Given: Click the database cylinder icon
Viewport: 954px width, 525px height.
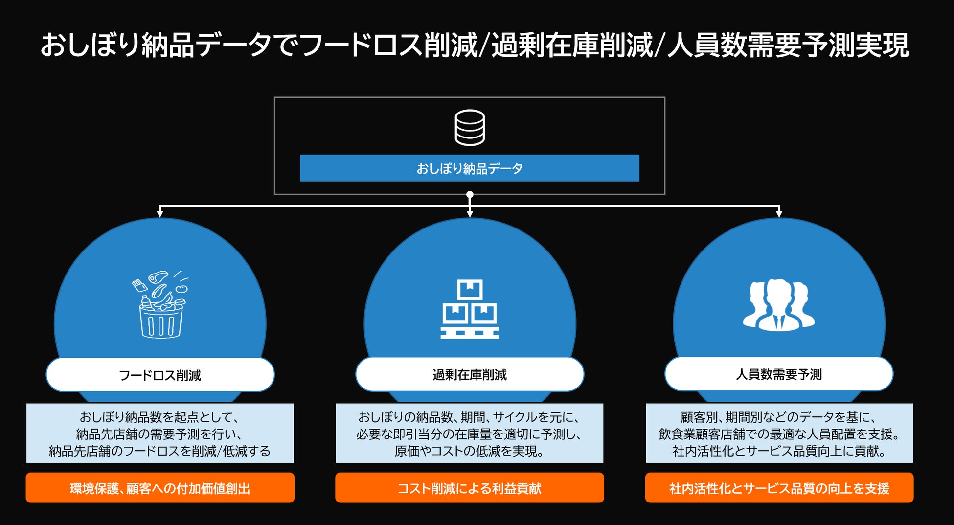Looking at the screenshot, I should (x=470, y=128).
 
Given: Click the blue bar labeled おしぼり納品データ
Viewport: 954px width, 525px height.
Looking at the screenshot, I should (x=469, y=168).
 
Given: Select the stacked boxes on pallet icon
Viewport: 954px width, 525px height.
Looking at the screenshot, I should (x=470, y=309).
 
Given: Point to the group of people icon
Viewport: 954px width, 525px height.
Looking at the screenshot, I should (x=779, y=305).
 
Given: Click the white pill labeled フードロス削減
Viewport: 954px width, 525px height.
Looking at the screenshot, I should (x=160, y=375).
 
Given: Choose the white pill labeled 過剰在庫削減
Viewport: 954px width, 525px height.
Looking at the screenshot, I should (x=470, y=375).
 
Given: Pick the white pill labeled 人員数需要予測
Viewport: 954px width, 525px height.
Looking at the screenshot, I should (x=779, y=374).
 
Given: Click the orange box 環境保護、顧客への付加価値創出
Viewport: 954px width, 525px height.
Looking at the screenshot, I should (x=160, y=488).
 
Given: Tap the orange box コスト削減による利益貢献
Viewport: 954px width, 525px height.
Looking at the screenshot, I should (x=470, y=488).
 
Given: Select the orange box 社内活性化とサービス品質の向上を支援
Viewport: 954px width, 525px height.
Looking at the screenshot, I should (x=779, y=488).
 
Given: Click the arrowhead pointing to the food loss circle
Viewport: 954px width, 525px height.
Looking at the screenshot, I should (x=160, y=213).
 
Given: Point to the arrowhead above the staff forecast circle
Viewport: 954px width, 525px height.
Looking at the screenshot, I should (x=779, y=213).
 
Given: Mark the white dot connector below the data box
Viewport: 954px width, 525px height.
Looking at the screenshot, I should (x=470, y=195).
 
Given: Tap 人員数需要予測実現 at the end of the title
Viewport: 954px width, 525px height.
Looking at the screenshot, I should (x=788, y=45).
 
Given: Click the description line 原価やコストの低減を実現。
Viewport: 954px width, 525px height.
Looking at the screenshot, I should (x=470, y=451).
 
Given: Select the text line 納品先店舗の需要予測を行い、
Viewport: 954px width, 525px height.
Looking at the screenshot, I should (x=160, y=434).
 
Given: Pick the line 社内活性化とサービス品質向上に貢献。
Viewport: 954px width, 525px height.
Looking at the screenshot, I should (x=779, y=451).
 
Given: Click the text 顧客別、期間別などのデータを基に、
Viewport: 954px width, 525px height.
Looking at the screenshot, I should (x=779, y=417).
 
